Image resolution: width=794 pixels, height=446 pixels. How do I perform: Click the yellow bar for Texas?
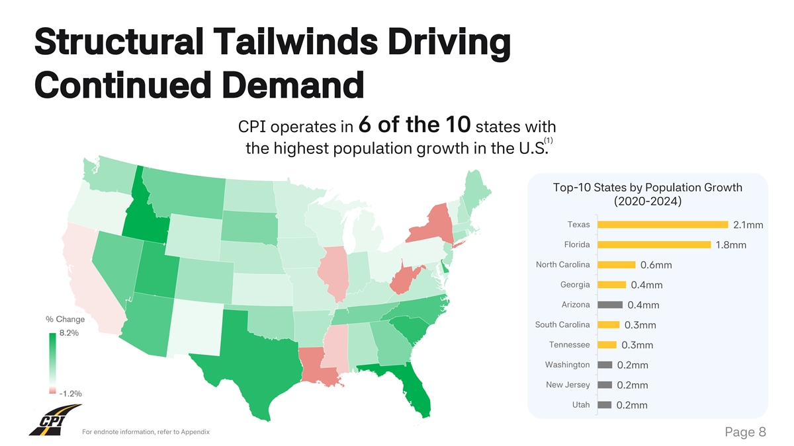662,225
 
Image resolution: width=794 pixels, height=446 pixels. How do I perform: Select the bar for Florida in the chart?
654,244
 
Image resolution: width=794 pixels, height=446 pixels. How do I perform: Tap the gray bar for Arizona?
610,305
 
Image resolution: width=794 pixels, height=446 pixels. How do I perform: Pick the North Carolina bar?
617,265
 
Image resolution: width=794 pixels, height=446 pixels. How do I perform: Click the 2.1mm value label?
748,226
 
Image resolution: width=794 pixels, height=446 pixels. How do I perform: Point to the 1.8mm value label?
731,246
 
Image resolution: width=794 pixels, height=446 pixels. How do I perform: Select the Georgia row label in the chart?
574,285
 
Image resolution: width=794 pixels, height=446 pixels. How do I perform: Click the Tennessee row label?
569,344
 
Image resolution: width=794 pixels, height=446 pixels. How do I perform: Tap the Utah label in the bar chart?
580,404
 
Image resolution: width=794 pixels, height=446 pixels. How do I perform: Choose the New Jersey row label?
568,385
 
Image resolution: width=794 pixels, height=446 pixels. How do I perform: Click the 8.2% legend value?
69,333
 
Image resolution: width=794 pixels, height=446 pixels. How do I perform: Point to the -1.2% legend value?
70,393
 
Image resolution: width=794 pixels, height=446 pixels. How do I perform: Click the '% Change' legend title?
65,320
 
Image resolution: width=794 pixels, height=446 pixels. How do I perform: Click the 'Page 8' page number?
745,432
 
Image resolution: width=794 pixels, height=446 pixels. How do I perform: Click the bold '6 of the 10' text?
414,124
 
